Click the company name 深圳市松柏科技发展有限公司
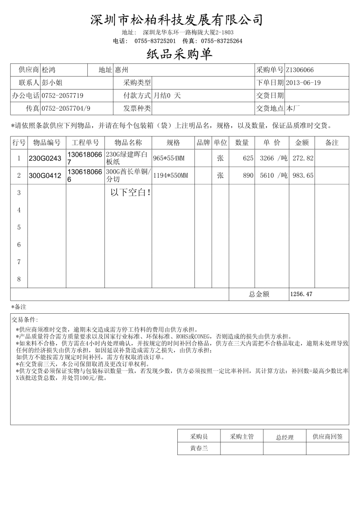[177, 20]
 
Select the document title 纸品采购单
[180, 54]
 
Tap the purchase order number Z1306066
[300, 70]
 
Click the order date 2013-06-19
[303, 83]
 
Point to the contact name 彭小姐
[52, 83]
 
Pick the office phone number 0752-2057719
[63, 96]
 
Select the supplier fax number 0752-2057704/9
[66, 108]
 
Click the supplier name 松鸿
[49, 70]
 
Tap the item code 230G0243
[45, 158]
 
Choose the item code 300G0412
[45, 176]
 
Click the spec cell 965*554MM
[169, 158]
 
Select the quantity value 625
[248, 158]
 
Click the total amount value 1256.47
[301, 294]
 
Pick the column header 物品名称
[128, 143]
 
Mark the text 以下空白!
[130, 193]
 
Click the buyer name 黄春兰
[199, 448]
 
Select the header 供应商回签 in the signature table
[328, 437]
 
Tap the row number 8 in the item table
[19, 279]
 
